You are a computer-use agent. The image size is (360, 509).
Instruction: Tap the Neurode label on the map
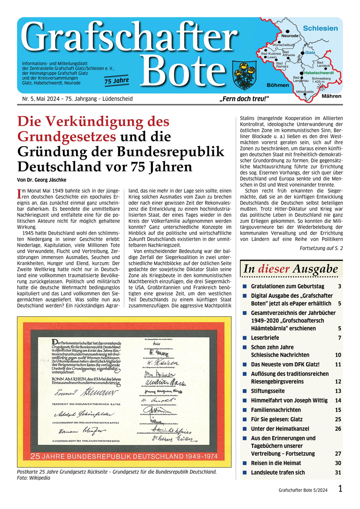pos(290,36)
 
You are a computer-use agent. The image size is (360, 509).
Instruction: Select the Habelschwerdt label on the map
pos(318,73)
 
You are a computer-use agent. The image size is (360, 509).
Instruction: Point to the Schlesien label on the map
pos(321,28)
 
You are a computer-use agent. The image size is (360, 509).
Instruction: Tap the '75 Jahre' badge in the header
pos(116,80)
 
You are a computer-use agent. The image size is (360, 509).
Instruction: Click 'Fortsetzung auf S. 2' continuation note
pos(321,248)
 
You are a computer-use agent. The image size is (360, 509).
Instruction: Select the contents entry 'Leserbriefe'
pos(265,338)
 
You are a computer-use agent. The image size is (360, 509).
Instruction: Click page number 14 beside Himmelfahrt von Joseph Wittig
pos(338,400)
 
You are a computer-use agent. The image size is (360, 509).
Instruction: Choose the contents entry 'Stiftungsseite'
pos(269,391)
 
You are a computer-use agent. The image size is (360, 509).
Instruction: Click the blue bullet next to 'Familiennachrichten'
pos(245,410)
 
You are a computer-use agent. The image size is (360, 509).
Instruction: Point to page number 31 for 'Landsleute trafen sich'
pos(338,472)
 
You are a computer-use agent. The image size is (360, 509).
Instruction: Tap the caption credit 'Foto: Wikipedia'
pos(34,478)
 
